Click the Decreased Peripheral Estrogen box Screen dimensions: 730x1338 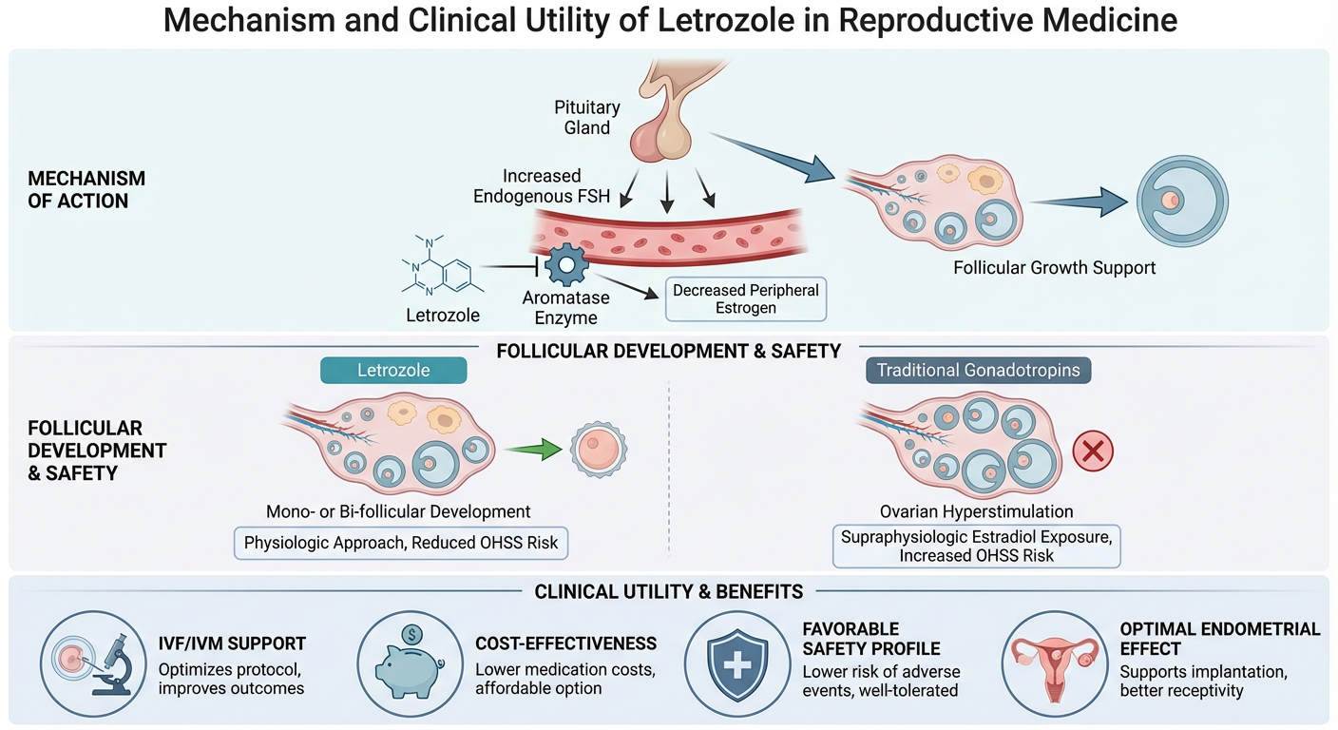pos(745,298)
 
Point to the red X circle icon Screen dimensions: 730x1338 pos(1092,451)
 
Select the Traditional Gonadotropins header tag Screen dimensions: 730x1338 pos(978,370)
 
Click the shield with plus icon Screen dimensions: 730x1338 pos(736,663)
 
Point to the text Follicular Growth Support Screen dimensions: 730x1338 pos(1054,267)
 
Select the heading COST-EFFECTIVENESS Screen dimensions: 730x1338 pos(565,644)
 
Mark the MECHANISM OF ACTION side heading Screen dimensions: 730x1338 pos(86,189)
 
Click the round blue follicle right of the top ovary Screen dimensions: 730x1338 pos(1182,201)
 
